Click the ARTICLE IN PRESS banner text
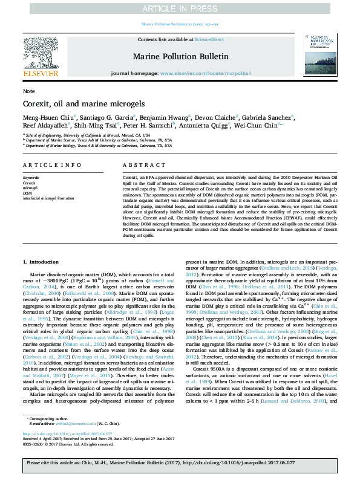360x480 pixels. (x=180, y=8)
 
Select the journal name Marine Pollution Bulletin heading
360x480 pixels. (x=180, y=56)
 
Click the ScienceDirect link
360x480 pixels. (x=209, y=39)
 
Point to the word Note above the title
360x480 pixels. (x=28, y=91)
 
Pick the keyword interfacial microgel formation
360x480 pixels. (x=48, y=198)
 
